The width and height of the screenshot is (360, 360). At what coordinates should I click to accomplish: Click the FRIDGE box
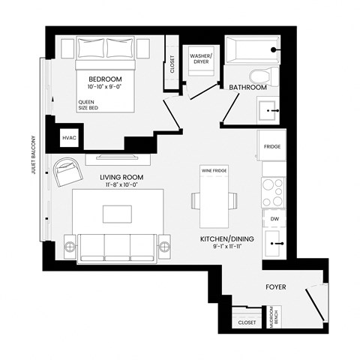pyautogui.click(x=272, y=146)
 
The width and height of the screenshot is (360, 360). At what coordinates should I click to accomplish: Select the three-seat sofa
pyautogui.click(x=116, y=245)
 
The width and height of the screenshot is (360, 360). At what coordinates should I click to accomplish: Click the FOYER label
pyautogui.click(x=277, y=287)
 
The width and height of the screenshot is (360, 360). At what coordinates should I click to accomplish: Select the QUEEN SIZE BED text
pyautogui.click(x=88, y=103)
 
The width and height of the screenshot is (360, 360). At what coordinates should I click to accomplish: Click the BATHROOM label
pyautogui.click(x=247, y=88)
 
